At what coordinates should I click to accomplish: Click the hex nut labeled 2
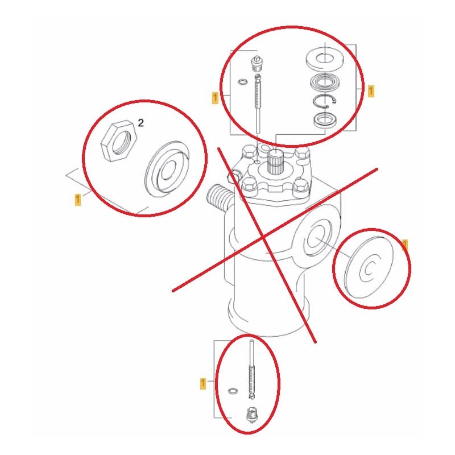pyautogui.click(x=118, y=140)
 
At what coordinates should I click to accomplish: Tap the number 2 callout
pyautogui.click(x=140, y=123)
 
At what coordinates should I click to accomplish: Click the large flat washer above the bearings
pyautogui.click(x=325, y=60)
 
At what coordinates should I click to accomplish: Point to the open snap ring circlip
pyautogui.click(x=324, y=102)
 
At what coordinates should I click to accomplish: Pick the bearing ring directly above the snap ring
pyautogui.click(x=324, y=82)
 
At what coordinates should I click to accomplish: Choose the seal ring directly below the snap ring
pyautogui.click(x=325, y=119)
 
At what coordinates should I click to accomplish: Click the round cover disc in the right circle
pyautogui.click(x=369, y=267)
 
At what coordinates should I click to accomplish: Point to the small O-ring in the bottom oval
pyautogui.click(x=233, y=391)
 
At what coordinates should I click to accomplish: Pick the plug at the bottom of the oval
pyautogui.click(x=252, y=415)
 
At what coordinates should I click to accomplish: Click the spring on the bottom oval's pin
pyautogui.click(x=251, y=380)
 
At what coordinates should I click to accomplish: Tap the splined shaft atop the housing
pyautogui.click(x=274, y=162)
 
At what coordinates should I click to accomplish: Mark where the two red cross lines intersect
pyautogui.click(x=263, y=237)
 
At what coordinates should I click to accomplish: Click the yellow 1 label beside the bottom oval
pyautogui.click(x=203, y=383)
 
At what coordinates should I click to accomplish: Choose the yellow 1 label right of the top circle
pyautogui.click(x=371, y=91)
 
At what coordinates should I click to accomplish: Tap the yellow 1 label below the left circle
pyautogui.click(x=77, y=200)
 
